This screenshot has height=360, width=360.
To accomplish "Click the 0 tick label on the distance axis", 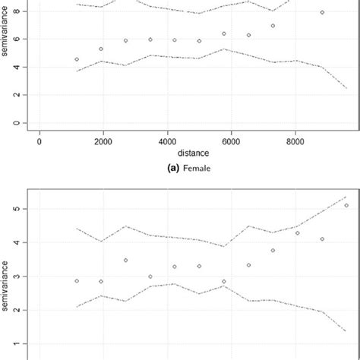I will click(39, 141).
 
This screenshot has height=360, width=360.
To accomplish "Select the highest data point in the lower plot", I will click(346, 205).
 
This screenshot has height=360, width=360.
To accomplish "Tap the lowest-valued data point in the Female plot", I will click(77, 59).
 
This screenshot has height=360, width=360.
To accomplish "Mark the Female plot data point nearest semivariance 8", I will click(322, 13).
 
